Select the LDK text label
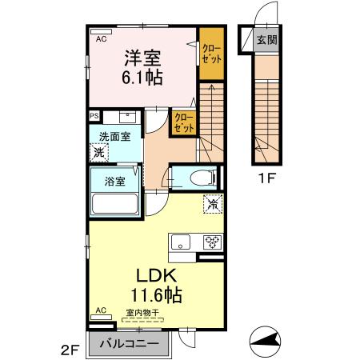[144, 274]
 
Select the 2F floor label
[70, 350]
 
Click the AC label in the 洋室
[101, 38]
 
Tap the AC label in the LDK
[101, 310]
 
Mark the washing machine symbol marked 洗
[99, 152]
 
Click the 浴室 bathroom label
[115, 181]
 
